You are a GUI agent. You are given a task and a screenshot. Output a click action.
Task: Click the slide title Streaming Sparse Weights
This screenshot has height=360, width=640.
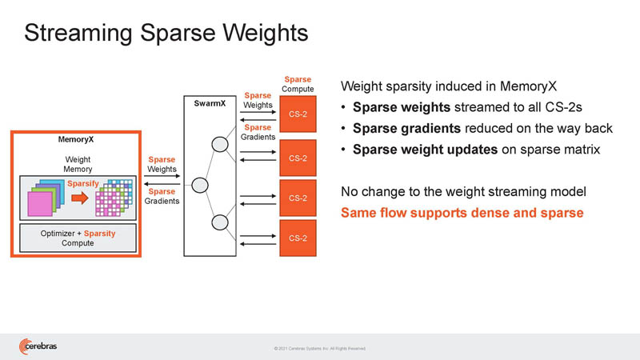(166, 33)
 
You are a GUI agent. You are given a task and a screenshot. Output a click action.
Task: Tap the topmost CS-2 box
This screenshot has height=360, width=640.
(298, 114)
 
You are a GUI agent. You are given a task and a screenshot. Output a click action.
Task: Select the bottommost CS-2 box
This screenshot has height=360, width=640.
(298, 238)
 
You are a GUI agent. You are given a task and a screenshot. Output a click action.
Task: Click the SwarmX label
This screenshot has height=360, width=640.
(210, 103)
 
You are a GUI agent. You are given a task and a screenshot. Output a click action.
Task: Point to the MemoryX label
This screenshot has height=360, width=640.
(76, 139)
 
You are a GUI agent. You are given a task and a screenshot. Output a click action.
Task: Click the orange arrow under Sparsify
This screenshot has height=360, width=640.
(79, 198)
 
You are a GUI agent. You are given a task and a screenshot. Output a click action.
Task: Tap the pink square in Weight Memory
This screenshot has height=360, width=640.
(39, 204)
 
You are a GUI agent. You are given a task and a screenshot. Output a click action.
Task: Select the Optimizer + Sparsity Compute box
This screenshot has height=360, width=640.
(78, 238)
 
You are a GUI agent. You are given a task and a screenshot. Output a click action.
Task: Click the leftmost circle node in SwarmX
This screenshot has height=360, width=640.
(200, 186)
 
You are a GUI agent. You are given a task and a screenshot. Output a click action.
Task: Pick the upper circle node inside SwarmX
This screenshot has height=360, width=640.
(219, 145)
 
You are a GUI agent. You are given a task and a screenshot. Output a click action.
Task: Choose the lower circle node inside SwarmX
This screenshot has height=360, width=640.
(219, 222)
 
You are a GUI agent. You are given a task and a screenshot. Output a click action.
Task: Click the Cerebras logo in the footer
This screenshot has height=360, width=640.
(38, 346)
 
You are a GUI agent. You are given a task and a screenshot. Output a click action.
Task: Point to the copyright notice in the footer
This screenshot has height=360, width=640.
(319, 349)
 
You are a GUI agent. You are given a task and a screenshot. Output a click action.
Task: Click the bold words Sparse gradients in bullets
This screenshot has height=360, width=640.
(406, 128)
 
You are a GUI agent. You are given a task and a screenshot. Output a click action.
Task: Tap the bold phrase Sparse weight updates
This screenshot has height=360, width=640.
(426, 150)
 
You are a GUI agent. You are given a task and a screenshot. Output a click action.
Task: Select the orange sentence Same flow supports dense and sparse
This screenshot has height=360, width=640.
(462, 213)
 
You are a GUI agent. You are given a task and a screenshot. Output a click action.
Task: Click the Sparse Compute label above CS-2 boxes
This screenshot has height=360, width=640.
(298, 84)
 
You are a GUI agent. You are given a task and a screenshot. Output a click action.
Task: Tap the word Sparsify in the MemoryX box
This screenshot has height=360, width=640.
(83, 184)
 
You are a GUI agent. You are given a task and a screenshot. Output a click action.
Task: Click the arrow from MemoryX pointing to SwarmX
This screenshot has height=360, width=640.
(162, 176)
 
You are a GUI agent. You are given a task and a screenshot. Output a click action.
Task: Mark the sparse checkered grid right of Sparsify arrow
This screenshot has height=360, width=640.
(114, 198)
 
